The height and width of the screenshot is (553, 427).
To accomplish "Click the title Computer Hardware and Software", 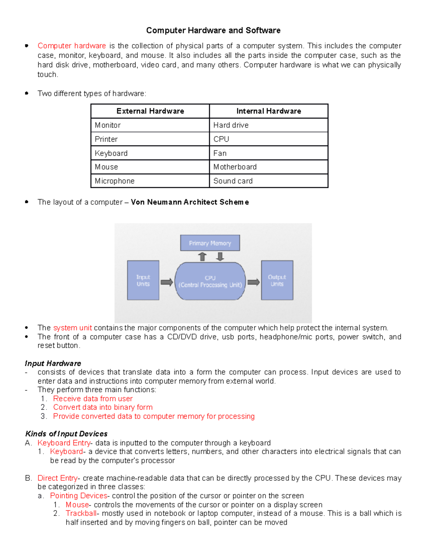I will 213,31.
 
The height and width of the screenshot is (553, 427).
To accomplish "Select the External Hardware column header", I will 150,111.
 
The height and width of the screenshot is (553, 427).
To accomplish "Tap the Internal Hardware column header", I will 269,111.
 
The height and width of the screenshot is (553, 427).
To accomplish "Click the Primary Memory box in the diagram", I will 210,243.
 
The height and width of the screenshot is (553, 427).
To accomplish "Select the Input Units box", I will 143,280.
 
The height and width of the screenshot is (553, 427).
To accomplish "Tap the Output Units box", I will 277,280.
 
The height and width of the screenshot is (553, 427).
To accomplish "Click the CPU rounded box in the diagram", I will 210,281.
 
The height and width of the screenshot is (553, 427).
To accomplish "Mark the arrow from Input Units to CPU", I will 167,282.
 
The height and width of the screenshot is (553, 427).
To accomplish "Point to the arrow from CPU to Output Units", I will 253,282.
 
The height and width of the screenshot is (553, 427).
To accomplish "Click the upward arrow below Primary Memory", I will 202,257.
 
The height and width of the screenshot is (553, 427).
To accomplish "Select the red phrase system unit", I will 73,328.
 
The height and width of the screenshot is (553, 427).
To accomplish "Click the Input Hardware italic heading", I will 53,363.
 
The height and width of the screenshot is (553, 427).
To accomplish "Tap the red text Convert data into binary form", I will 103,407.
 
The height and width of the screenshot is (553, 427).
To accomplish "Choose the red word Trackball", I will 81,513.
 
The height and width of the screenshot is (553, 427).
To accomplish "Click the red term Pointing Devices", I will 79,496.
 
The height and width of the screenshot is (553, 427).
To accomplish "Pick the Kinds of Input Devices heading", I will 67,434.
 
